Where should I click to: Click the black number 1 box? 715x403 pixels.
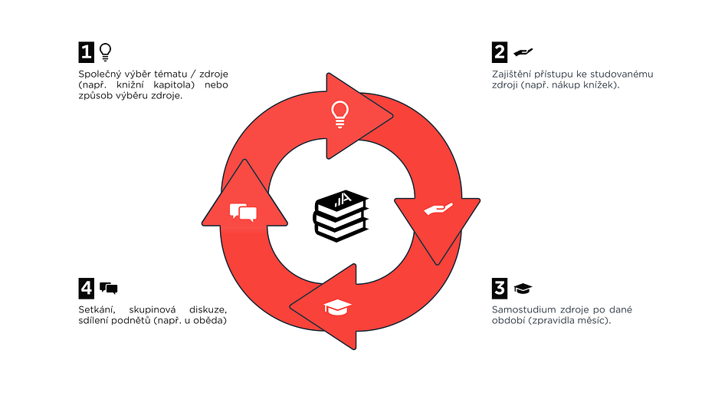86,51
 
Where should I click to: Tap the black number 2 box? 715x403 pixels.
500,51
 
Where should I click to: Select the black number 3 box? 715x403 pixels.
500,288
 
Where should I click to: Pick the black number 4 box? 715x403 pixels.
86,288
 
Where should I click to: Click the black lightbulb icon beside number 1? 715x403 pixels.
105,51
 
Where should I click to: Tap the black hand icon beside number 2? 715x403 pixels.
523,51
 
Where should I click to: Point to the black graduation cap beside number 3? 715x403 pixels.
523,288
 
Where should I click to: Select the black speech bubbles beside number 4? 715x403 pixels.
108,288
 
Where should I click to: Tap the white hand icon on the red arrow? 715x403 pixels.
438,210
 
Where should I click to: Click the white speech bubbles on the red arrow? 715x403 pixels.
243,212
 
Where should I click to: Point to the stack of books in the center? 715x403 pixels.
341,217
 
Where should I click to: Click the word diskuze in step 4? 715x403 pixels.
209,309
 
